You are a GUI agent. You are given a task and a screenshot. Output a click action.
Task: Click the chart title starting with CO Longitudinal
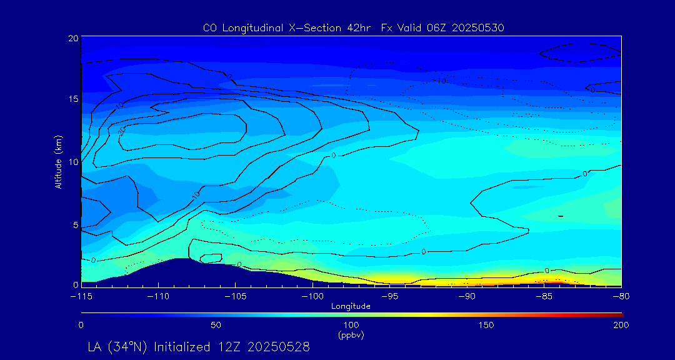354,27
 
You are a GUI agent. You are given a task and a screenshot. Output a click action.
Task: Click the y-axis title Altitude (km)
58,161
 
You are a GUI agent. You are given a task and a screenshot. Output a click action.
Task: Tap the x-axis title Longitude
351,306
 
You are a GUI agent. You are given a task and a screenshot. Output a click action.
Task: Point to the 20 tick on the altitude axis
72,38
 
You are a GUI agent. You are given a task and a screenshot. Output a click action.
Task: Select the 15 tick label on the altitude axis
72,99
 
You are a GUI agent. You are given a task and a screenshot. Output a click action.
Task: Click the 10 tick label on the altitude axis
72,161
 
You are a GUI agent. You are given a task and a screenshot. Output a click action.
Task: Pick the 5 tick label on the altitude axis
75,224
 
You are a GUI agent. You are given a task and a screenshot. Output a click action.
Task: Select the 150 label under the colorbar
486,325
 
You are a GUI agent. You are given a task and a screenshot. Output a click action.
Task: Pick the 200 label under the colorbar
621,325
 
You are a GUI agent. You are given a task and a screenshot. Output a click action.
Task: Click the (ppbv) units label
351,335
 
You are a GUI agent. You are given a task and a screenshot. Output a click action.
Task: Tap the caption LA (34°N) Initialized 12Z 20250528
199,346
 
